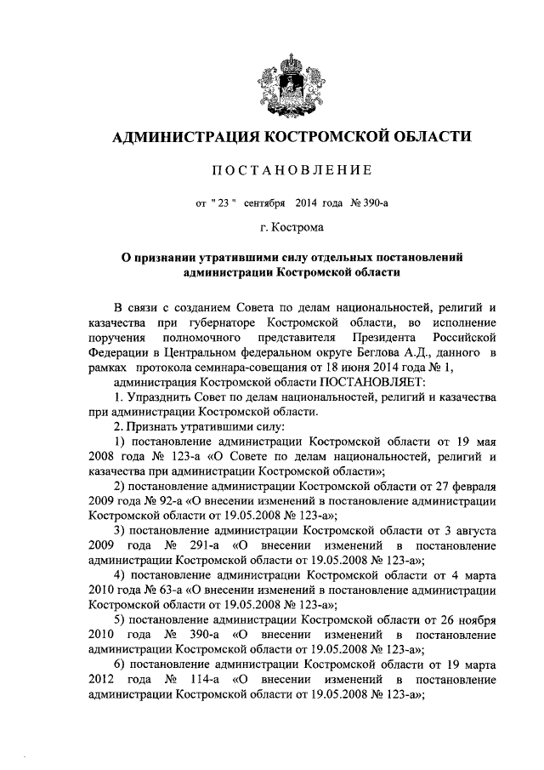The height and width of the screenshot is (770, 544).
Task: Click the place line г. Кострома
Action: point(281,228)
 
